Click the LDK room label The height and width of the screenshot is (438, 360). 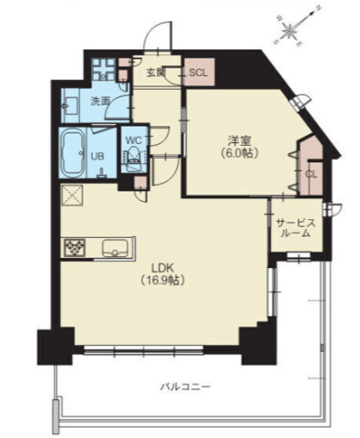(163, 268)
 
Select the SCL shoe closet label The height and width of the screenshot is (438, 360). (198, 72)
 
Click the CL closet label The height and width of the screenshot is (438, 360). (311, 174)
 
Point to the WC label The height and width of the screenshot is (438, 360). (133, 141)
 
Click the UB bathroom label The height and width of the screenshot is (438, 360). (97, 156)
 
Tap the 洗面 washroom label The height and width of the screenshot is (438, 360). (101, 101)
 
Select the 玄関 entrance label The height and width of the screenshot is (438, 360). (156, 72)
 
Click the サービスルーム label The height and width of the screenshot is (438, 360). (295, 228)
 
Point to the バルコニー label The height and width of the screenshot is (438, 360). (185, 386)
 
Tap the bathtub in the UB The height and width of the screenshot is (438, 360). (73, 153)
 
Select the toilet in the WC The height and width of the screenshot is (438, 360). (133, 160)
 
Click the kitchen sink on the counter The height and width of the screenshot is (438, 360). (115, 248)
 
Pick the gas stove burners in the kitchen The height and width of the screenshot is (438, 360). (75, 247)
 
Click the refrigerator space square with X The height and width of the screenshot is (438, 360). (72, 195)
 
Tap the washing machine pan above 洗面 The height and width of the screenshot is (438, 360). (104, 69)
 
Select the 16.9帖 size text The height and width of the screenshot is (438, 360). (163, 280)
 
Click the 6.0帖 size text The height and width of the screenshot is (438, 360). (239, 153)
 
